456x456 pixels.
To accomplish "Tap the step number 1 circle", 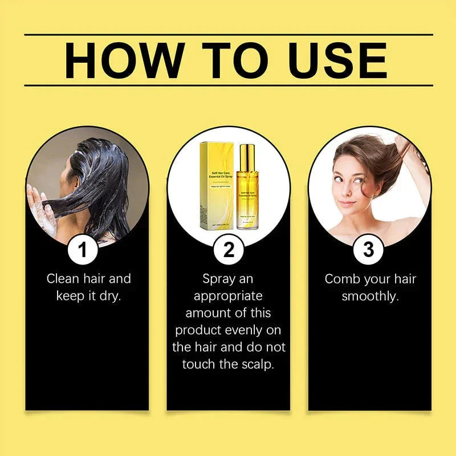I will click(84, 250).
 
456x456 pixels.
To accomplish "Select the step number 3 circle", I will click(369, 250).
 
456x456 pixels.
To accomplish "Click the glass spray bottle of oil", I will click(247, 191).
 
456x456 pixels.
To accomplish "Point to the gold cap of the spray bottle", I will click(247, 157).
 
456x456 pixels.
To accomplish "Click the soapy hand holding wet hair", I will click(43, 211).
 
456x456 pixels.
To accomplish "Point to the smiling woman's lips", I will click(347, 203).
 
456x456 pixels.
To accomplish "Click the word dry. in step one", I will click(109, 296).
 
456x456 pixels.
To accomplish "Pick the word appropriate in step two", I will click(228, 296).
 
